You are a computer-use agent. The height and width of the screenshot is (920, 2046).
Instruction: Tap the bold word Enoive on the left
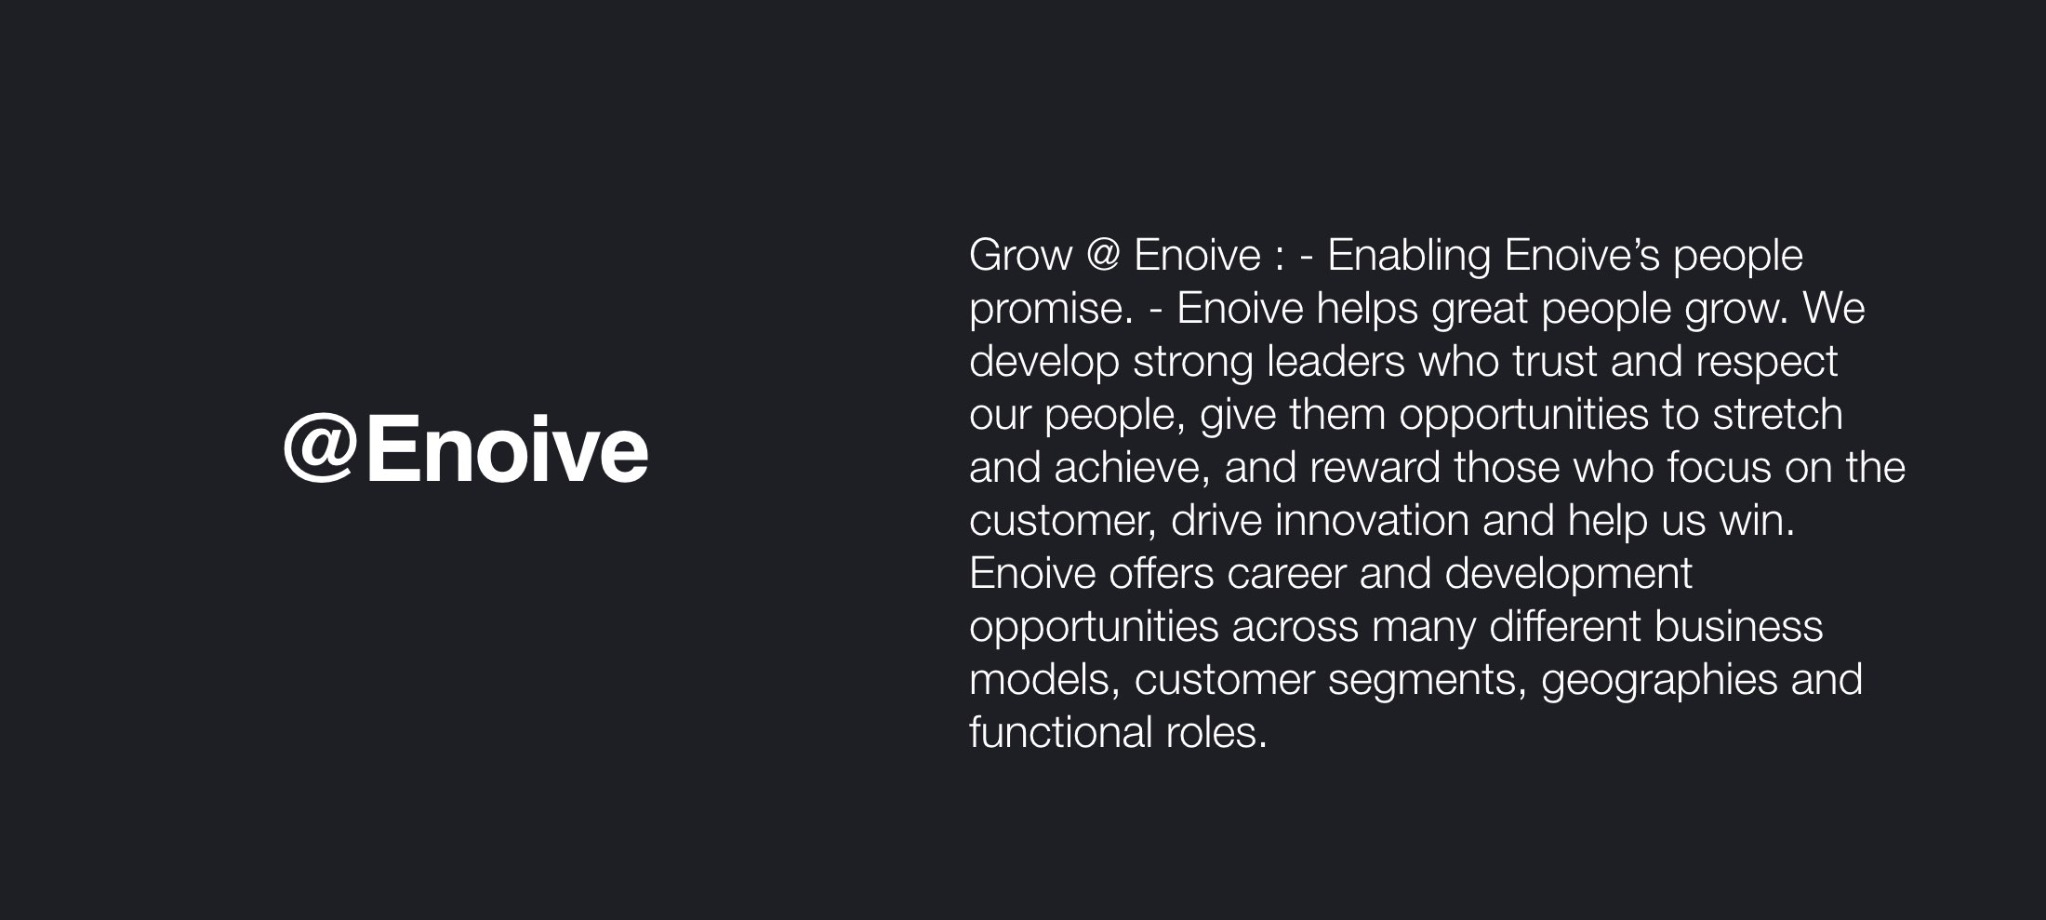[x=507, y=448]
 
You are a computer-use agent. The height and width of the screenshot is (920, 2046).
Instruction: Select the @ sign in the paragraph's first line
[x=1103, y=255]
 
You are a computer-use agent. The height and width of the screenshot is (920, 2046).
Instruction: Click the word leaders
[x=1335, y=361]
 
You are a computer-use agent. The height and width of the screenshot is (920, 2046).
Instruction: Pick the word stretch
[x=1778, y=414]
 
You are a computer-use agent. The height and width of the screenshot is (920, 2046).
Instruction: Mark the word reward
[x=1375, y=467]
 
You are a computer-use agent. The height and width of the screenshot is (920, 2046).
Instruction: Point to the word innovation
[x=1372, y=520]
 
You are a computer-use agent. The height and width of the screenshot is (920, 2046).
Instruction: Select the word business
[x=1738, y=626]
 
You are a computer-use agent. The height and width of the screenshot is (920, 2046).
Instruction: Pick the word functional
[x=1061, y=732]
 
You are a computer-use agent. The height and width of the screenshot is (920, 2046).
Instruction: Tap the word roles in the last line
[x=1216, y=732]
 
